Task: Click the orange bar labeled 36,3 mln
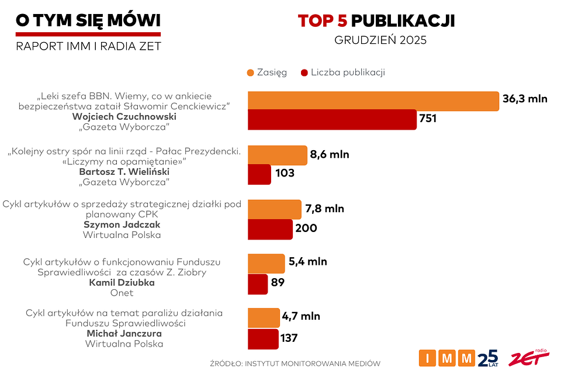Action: pos(373,100)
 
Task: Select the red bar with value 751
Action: pos(332,119)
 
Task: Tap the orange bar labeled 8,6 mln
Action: pos(278,155)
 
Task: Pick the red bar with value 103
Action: pos(259,174)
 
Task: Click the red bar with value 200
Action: pos(270,228)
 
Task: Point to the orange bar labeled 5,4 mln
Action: pos(266,263)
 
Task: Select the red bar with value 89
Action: pos(258,283)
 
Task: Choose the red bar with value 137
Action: pos(263,338)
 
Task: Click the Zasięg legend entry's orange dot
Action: pos(251,73)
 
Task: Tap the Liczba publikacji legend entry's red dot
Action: pos(303,73)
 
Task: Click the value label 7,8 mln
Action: pos(324,209)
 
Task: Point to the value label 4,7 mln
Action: pos(301,316)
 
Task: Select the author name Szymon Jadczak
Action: pos(122,224)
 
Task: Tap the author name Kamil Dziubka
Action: pos(122,283)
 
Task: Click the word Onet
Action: pos(122,293)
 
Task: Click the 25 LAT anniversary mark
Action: pos(489,358)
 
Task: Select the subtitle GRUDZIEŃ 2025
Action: pos(380,41)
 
